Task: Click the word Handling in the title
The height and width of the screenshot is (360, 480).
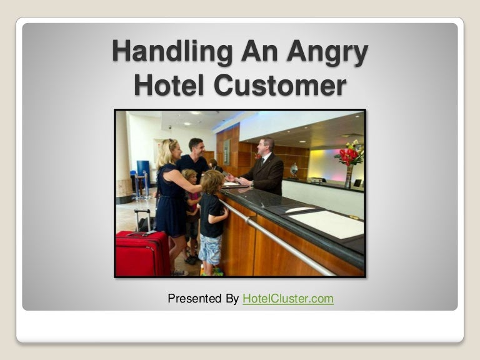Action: pos(159,52)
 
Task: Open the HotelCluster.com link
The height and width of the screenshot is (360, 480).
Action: pos(287,299)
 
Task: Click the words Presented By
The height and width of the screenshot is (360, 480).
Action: pos(202,299)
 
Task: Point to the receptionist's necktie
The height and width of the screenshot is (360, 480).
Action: pos(262,164)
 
